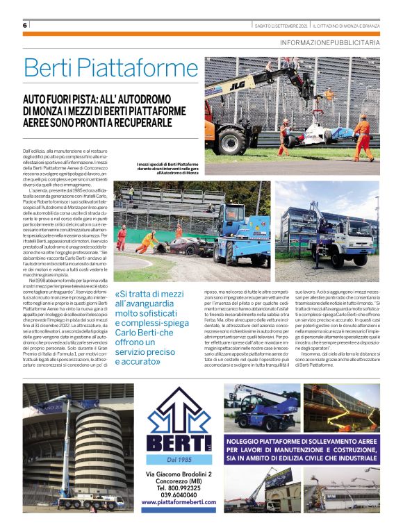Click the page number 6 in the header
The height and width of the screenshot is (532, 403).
24,25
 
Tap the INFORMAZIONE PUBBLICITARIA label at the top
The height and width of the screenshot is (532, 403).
330,42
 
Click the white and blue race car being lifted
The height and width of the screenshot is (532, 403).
316,133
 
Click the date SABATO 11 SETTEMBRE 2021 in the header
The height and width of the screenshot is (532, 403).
281,26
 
